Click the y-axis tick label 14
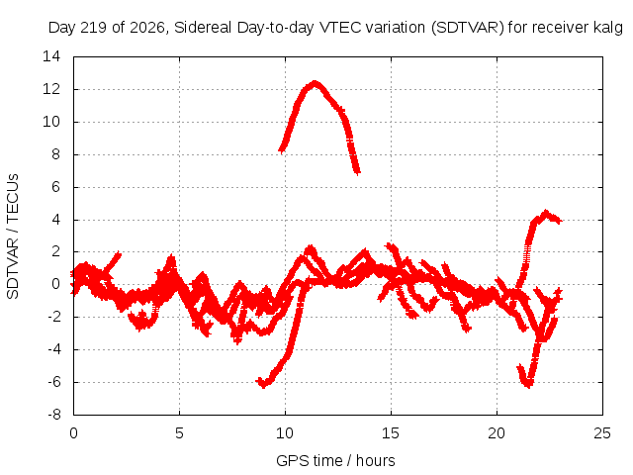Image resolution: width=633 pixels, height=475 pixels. pyautogui.click(x=51, y=56)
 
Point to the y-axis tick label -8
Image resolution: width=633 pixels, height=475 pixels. pyautogui.click(x=54, y=415)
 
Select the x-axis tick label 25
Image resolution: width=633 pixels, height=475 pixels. pyautogui.click(x=602, y=433)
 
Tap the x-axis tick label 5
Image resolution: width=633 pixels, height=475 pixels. pyautogui.click(x=179, y=433)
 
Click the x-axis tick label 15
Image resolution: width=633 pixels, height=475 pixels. pyautogui.click(x=391, y=433)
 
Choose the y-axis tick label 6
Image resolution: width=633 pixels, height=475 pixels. pyautogui.click(x=56, y=187)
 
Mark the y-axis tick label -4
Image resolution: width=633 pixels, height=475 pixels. pyautogui.click(x=54, y=349)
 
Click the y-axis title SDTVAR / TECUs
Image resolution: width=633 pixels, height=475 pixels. pyautogui.click(x=13, y=237)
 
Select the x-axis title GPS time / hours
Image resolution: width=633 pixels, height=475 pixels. pyautogui.click(x=335, y=460)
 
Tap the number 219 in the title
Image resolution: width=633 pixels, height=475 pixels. pyautogui.click(x=94, y=28)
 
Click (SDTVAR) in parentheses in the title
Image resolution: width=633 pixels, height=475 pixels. pyautogui.click(x=468, y=28)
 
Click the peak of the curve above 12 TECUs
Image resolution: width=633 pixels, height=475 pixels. pyautogui.click(x=315, y=83)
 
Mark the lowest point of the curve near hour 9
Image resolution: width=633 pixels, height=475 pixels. pyautogui.click(x=263, y=385)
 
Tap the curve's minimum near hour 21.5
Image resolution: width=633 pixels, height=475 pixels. pyautogui.click(x=528, y=385)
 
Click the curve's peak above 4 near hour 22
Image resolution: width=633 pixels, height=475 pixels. pyautogui.click(x=546, y=212)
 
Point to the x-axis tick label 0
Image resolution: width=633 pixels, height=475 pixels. pyautogui.click(x=73, y=433)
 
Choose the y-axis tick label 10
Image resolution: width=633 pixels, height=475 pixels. pyautogui.click(x=51, y=122)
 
